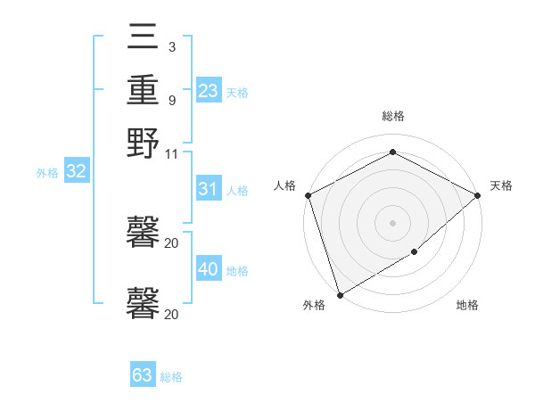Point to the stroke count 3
point(171,47)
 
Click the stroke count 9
point(171,100)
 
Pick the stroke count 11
point(171,152)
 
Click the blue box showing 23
point(209,91)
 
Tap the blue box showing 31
point(209,189)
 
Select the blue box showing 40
point(209,269)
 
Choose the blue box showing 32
point(76,172)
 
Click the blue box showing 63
point(143,375)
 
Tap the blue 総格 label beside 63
point(171,377)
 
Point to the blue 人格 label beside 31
point(237,191)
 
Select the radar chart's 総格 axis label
point(392,116)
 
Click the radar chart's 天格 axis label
point(501,185)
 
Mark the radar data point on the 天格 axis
point(478,195)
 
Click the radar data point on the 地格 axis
point(415,253)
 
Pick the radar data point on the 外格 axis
point(340,294)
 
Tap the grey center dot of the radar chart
point(392,222)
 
